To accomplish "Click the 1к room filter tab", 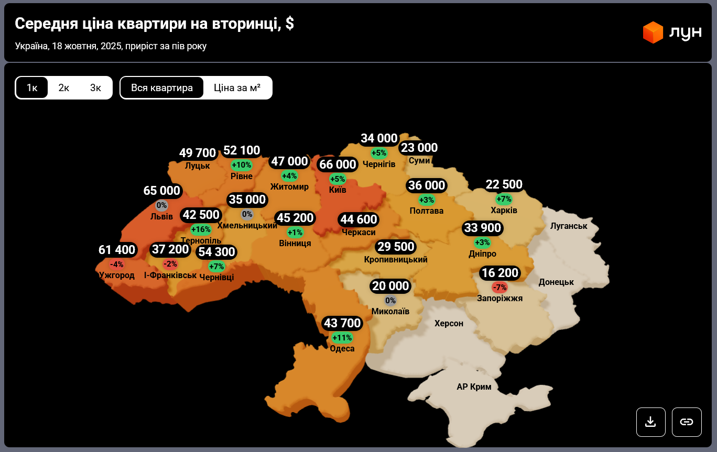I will pos(32,87).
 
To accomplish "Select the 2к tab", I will pos(64,87).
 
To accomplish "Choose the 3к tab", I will pos(95,87).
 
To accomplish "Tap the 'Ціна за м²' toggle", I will pos(237,87).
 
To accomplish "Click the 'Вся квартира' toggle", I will pos(162,87).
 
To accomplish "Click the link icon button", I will pos(687,422).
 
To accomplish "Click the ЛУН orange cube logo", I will pos(653,32).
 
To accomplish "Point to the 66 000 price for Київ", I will pos(338,164).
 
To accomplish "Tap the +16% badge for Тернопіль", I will pos(201,229).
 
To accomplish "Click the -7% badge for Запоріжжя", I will pos(499,287).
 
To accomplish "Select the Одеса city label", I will pos(342,349).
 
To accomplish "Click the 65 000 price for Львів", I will pos(162,191).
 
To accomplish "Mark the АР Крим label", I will pos(474,387).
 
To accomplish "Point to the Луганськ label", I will pos(569,226).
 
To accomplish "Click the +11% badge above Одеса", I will pos(342,338).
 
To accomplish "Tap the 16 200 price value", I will pos(500,273).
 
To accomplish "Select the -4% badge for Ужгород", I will pos(116,264).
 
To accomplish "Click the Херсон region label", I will pos(449,324).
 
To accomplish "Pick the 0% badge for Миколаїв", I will pos(390,301).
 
